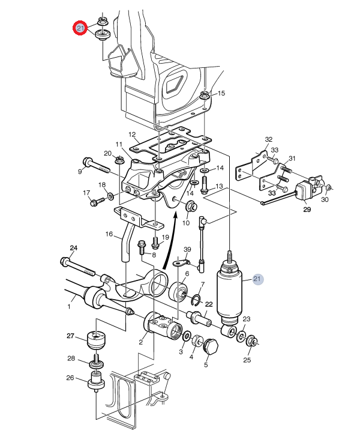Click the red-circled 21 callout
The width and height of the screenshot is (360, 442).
(80, 28)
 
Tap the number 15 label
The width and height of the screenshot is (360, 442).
(221, 93)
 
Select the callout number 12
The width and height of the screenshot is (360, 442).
(132, 135)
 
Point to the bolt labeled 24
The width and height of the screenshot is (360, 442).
(78, 267)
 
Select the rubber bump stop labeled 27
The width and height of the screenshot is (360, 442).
(97, 341)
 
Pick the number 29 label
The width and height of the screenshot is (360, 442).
(307, 210)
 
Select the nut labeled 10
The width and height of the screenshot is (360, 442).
(191, 207)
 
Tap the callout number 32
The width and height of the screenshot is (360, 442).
(269, 139)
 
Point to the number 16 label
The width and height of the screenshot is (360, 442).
(109, 234)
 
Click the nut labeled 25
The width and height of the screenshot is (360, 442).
(251, 342)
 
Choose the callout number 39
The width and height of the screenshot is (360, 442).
(187, 249)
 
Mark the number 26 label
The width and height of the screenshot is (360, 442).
(70, 378)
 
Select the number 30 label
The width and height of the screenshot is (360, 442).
(325, 199)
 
